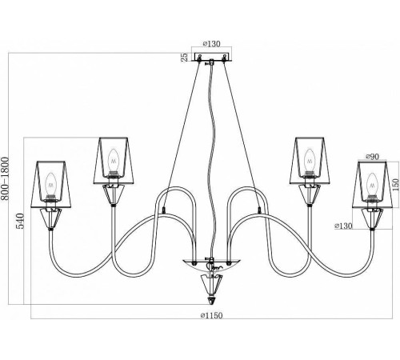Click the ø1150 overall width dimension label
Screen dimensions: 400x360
tap(211, 315)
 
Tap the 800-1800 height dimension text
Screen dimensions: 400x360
tap(5, 178)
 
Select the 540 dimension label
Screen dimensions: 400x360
tap(20, 221)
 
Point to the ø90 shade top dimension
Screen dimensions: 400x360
tap(372, 157)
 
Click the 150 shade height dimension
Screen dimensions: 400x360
tap(395, 185)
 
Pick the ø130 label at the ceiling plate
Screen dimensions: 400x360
tap(211, 44)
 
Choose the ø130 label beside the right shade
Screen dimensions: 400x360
tap(343, 226)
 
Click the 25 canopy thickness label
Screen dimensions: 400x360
tap(185, 57)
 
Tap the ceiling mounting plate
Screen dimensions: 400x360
tap(211, 57)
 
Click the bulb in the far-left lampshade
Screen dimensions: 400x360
tap(51, 185)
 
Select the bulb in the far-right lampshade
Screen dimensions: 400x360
tap(372, 185)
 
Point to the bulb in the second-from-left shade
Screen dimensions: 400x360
tap(114, 162)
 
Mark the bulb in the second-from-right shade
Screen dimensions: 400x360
tap(310, 162)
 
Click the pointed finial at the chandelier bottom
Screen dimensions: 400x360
tap(211, 299)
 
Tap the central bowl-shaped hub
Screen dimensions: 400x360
tap(211, 265)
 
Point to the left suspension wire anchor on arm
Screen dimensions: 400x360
tap(163, 210)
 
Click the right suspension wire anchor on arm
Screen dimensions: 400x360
tap(259, 210)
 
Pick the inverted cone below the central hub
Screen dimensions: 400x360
tap(211, 284)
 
